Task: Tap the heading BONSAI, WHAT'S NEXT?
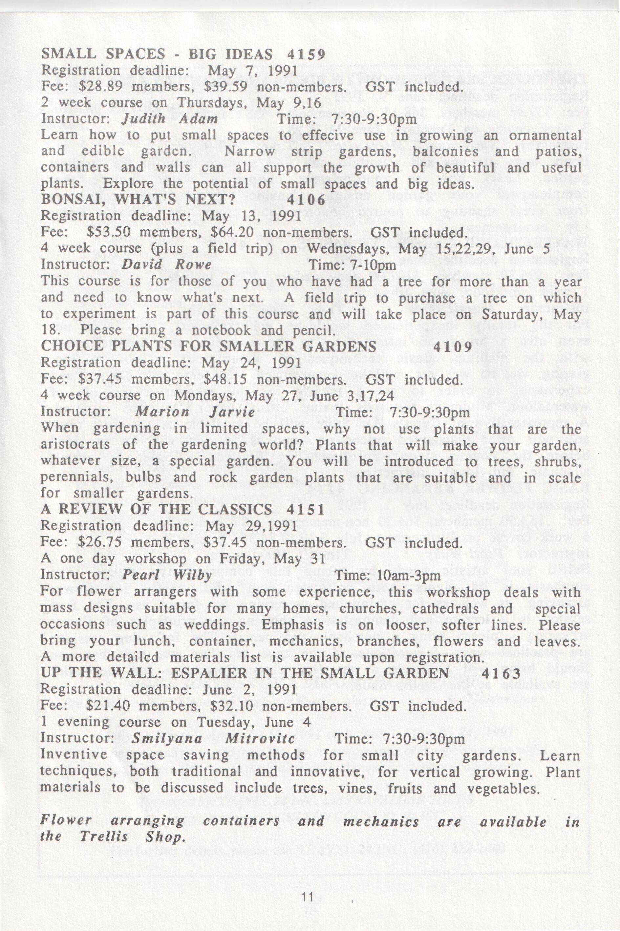(x=139, y=200)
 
